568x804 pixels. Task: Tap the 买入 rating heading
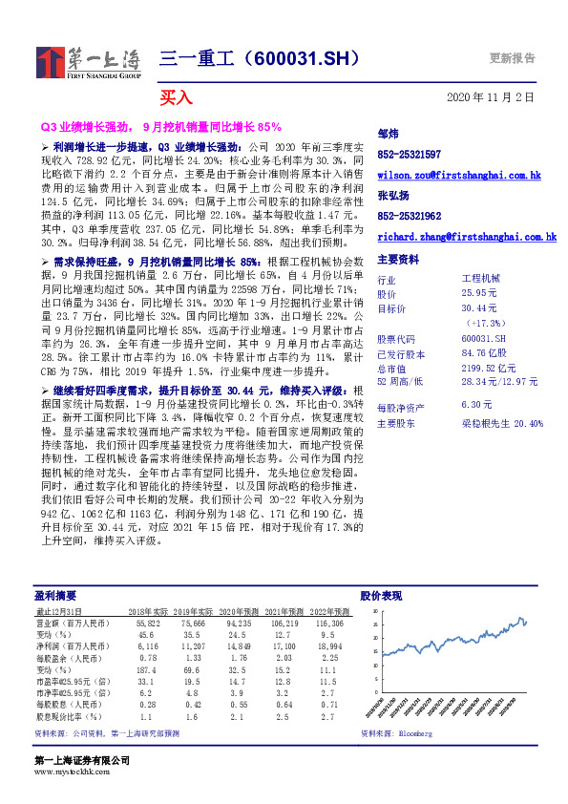pos(176,97)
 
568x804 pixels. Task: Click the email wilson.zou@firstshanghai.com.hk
pos(459,176)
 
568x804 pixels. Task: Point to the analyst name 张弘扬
pos(392,196)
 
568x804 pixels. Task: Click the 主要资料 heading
pos(397,260)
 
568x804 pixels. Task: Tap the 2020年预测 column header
pos(239,611)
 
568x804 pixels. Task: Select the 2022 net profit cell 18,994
pos(331,646)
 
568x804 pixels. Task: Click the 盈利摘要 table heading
pos(51,596)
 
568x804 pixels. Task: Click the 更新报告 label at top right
pos(518,57)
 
